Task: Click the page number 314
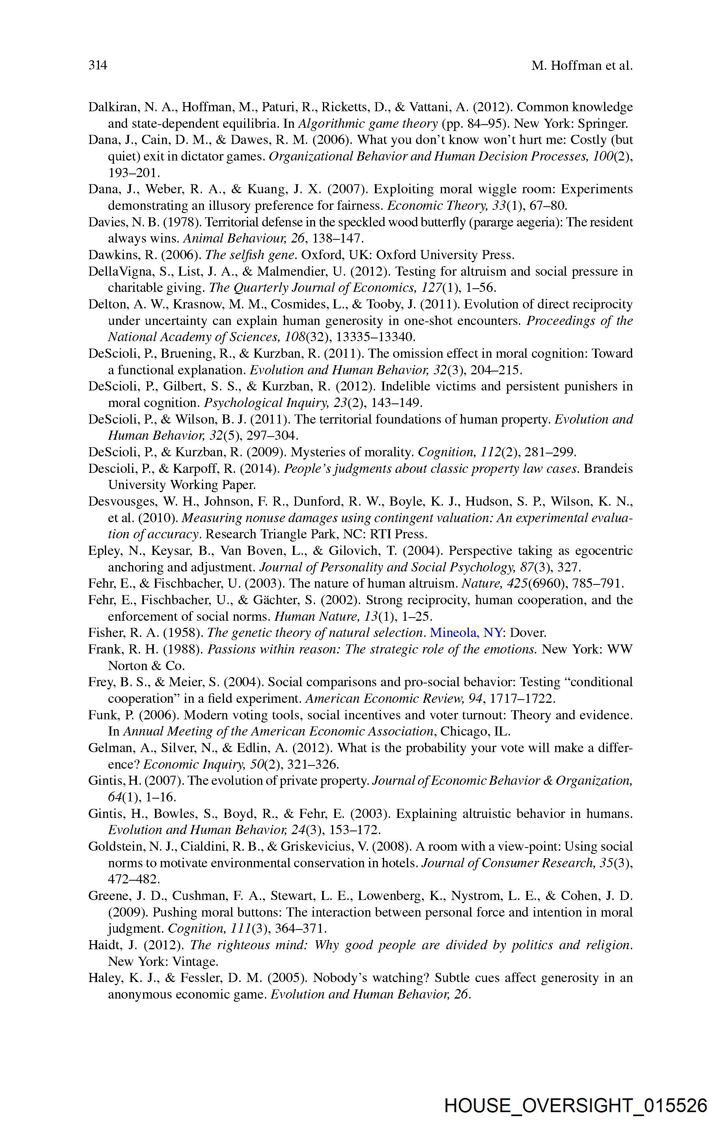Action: tap(98, 65)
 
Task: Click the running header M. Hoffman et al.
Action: tap(582, 65)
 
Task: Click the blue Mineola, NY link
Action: tap(466, 633)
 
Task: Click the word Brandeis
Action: tap(608, 469)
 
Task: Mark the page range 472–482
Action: tap(134, 879)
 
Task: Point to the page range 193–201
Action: tap(134, 173)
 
